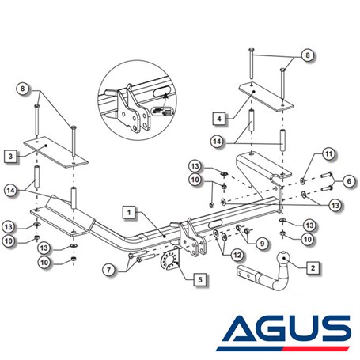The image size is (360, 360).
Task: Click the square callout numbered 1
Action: click(129, 212)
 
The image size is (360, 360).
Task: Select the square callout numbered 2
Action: click(313, 268)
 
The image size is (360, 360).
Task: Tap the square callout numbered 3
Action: click(10, 157)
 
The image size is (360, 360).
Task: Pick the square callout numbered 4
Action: click(219, 119)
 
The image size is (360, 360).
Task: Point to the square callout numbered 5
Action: click(200, 279)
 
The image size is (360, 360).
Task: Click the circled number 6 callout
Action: click(349, 181)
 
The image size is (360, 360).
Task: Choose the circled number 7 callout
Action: click(108, 270)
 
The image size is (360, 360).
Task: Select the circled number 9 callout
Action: click(262, 243)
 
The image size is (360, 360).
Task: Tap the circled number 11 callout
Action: click(328, 153)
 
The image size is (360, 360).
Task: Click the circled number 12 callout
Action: click(237, 255)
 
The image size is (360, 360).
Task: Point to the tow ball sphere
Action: click(284, 258)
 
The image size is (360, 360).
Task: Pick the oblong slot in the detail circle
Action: click(161, 93)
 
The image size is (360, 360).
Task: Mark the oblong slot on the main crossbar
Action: click(216, 224)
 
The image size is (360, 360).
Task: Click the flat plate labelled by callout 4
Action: click(267, 97)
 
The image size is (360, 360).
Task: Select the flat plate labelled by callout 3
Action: click(55, 152)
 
